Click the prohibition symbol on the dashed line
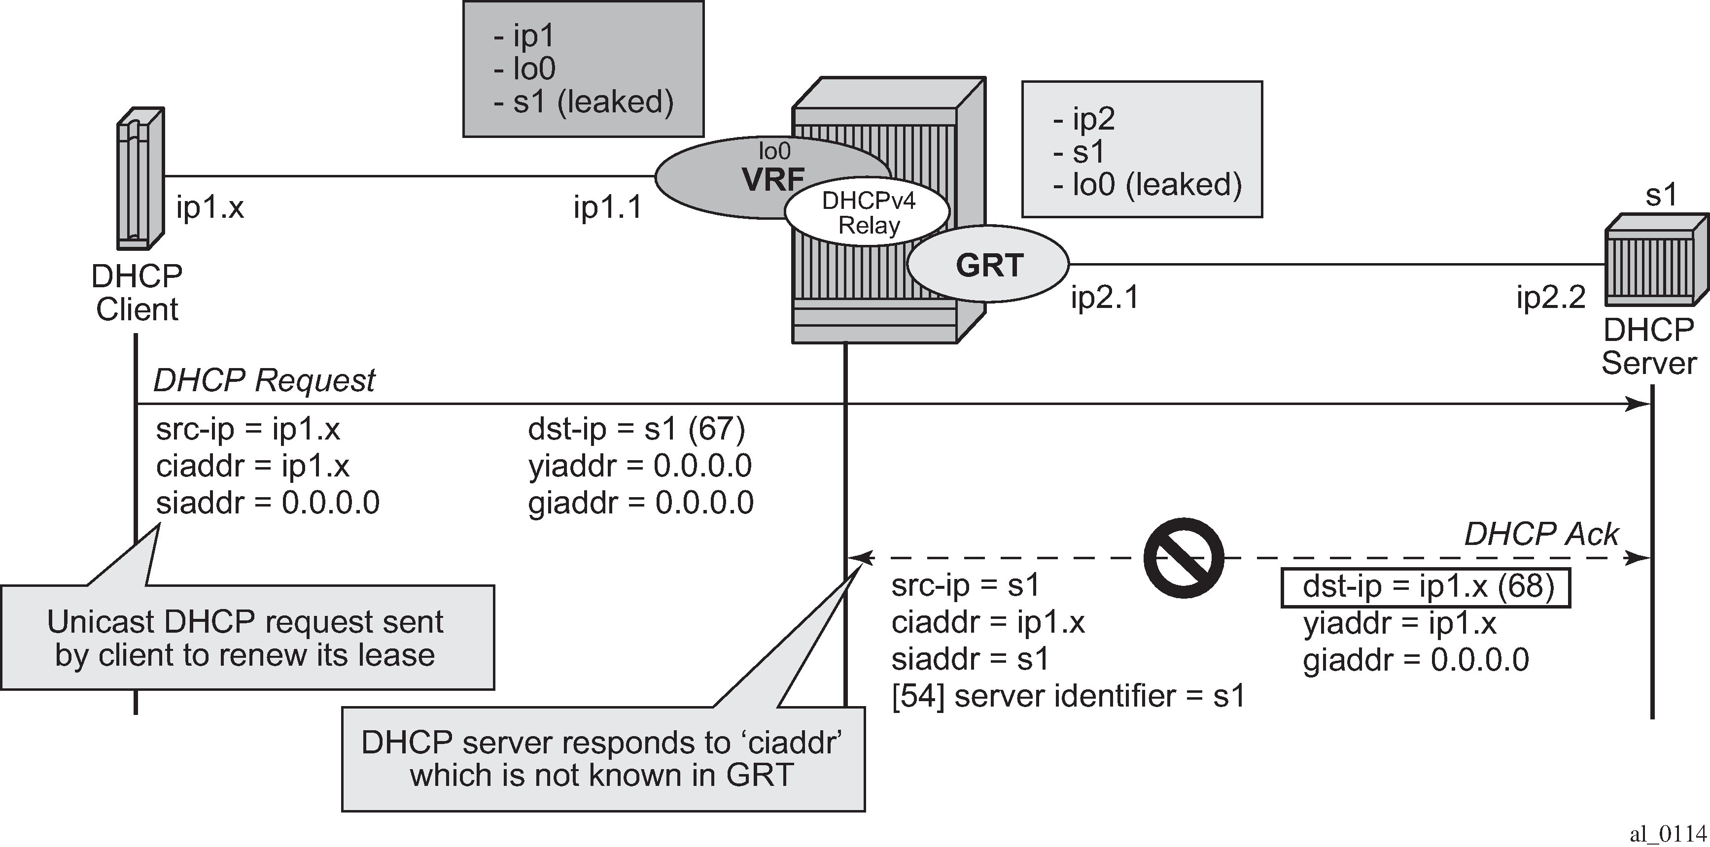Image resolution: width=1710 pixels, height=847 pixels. tap(1184, 558)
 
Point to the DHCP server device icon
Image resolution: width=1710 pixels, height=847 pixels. tap(1656, 260)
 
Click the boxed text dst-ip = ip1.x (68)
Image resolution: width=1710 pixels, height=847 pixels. tap(1425, 587)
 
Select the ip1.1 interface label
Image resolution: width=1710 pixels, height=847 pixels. tap(608, 208)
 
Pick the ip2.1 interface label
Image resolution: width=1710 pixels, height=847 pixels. tap(1105, 298)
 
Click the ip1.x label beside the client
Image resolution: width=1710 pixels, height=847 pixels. tap(210, 208)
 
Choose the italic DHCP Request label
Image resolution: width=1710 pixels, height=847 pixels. tap(264, 380)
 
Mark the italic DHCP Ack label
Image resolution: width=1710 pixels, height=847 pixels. tap(1541, 534)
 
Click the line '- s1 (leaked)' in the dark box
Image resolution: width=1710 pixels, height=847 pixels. tap(584, 102)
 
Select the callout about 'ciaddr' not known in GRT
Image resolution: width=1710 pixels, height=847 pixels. tap(603, 759)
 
